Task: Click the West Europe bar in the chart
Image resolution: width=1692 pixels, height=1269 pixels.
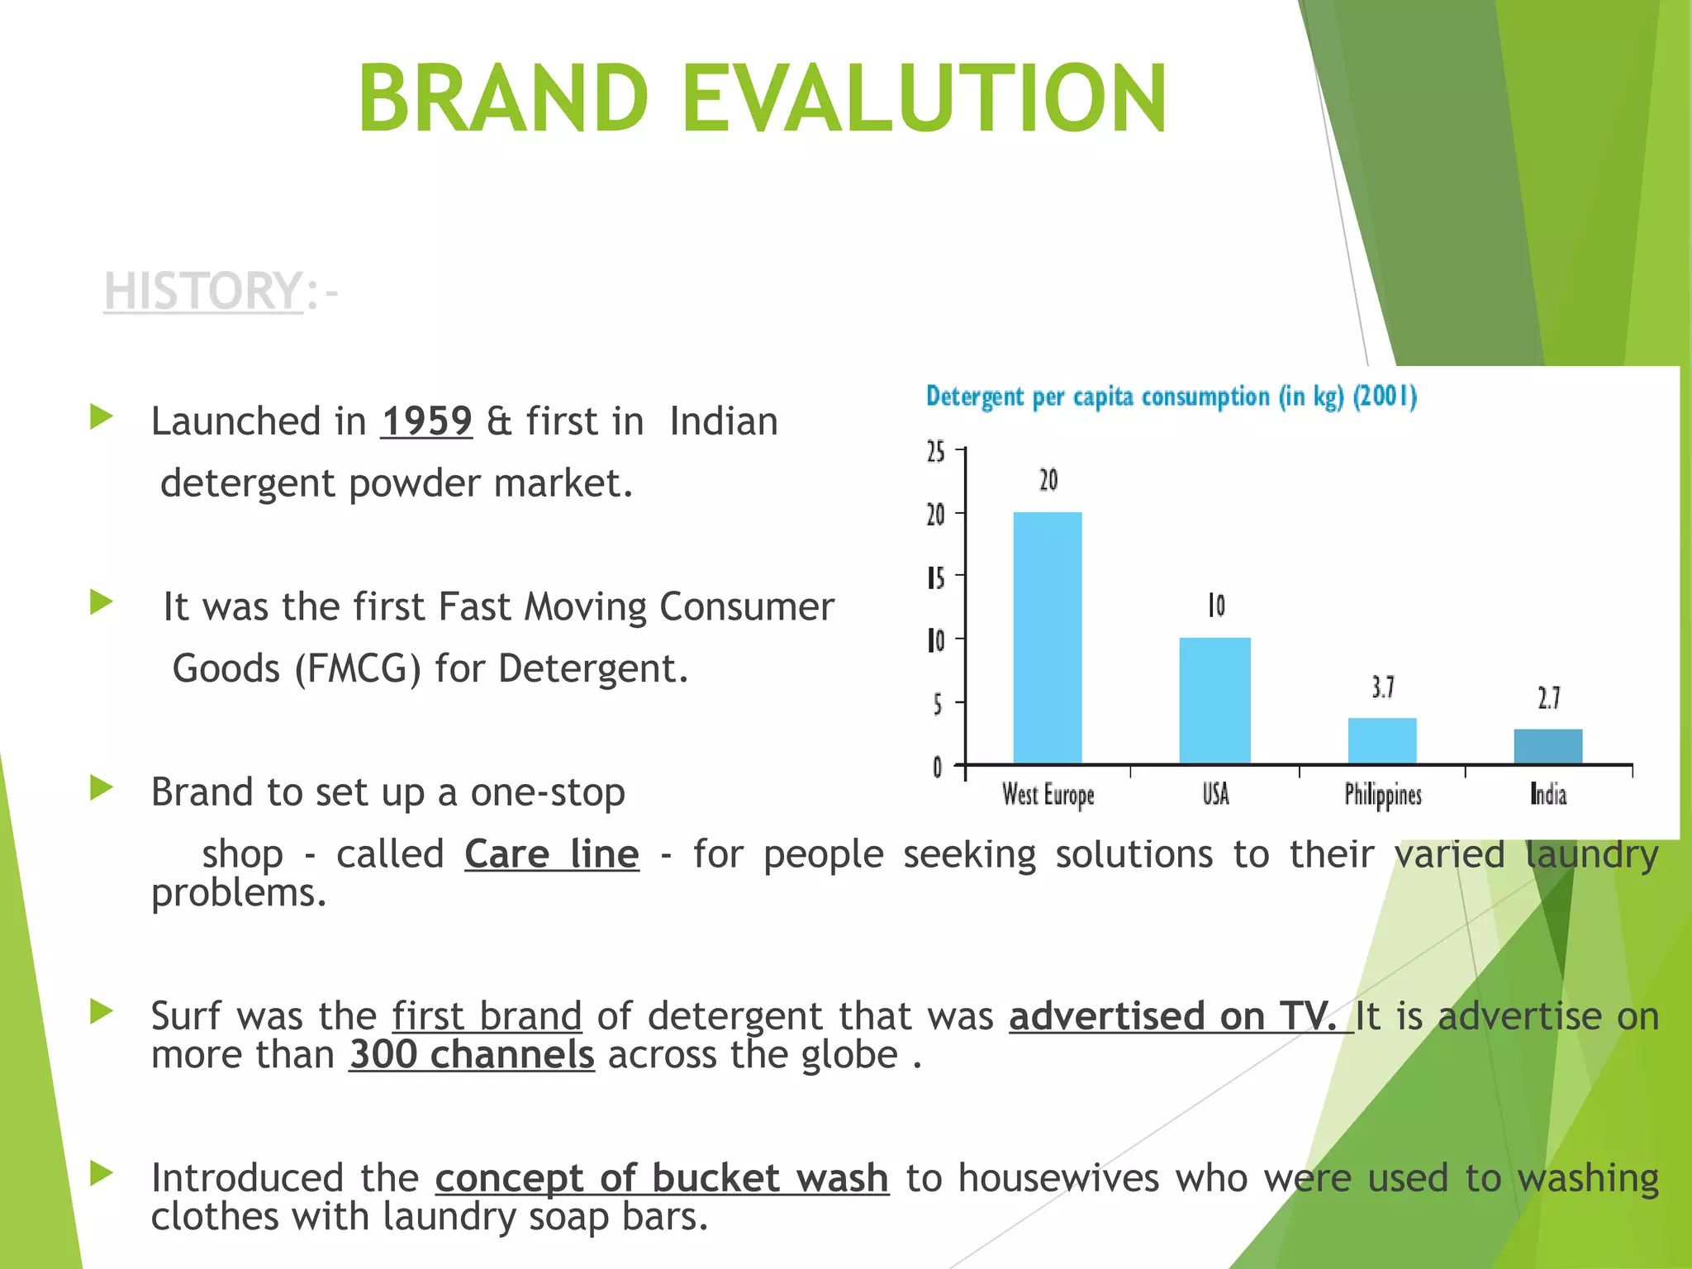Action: (1047, 638)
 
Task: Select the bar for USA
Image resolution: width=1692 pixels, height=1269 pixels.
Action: (1214, 701)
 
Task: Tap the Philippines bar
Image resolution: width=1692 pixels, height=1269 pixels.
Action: (1382, 740)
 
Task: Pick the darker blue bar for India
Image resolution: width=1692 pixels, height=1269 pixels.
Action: (1547, 746)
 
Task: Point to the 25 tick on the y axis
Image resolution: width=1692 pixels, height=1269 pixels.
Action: (936, 452)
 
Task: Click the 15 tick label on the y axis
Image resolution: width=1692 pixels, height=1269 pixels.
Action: (936, 577)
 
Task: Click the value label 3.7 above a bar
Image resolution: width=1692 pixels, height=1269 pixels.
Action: (1383, 687)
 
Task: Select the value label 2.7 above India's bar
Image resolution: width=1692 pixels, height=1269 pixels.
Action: (1549, 699)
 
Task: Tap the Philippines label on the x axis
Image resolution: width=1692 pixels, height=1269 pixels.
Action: (1383, 795)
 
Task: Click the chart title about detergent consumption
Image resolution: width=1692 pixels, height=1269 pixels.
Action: (1171, 397)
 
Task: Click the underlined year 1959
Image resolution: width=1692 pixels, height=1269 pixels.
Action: (426, 421)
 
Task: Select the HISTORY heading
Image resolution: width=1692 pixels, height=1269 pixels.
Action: (203, 292)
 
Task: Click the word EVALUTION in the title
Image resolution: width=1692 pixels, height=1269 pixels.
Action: (924, 99)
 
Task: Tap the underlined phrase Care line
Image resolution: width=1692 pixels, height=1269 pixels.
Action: (552, 854)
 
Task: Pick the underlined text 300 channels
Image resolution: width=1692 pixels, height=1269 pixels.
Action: (472, 1055)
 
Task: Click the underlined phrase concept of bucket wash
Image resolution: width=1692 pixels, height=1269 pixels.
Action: (662, 1178)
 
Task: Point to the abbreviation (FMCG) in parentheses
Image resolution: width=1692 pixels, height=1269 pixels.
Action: (358, 668)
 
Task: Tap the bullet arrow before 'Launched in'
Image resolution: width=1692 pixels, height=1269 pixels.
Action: (101, 416)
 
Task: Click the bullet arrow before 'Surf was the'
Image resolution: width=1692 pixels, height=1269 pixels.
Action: (101, 1011)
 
